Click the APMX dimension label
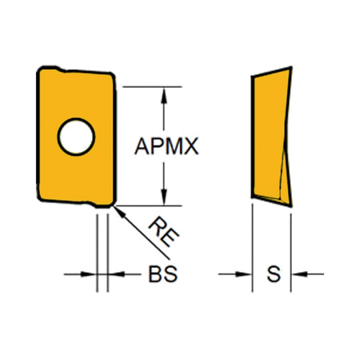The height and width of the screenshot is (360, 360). (x=167, y=146)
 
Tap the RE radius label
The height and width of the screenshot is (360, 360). (x=164, y=232)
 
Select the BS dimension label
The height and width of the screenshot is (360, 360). (x=163, y=274)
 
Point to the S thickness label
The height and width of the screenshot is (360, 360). (x=274, y=274)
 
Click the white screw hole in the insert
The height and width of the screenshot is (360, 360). (x=76, y=137)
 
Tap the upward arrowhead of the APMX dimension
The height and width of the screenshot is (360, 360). (x=164, y=95)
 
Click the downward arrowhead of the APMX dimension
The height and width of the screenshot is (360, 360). (x=164, y=197)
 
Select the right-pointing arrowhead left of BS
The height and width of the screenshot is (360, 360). (x=88, y=274)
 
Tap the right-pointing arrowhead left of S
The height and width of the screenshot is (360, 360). (x=244, y=274)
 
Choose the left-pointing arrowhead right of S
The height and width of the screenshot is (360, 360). (x=299, y=274)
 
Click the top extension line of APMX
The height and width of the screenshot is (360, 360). (x=152, y=87)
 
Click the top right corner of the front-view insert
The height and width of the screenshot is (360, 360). (x=112, y=74)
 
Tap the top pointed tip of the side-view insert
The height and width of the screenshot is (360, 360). (x=291, y=67)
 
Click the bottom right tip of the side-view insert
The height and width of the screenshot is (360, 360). (x=291, y=207)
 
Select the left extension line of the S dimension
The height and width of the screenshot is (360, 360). (x=253, y=248)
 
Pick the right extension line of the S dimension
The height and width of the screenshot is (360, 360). (x=291, y=253)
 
